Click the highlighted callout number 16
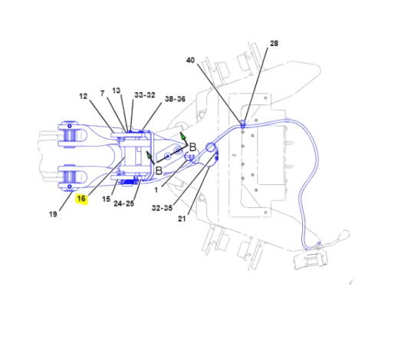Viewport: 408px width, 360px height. (x=81, y=199)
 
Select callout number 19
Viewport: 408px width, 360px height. (x=53, y=214)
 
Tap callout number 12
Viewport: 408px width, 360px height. (x=83, y=97)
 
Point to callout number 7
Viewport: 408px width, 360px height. (x=102, y=93)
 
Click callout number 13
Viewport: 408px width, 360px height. (x=117, y=91)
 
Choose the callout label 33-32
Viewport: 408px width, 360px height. (x=145, y=95)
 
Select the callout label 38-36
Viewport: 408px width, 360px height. (x=175, y=99)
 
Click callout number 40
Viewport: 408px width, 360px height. (x=190, y=60)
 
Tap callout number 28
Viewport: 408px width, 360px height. (x=274, y=43)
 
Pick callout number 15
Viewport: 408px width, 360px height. (x=106, y=200)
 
